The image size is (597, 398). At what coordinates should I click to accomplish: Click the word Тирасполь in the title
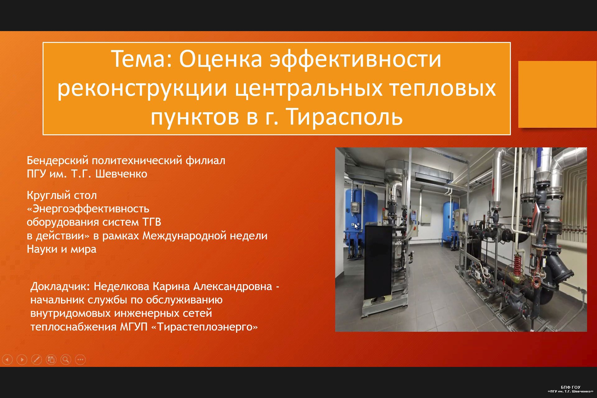[x=345, y=117]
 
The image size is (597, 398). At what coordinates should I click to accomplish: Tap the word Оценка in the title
[x=220, y=59]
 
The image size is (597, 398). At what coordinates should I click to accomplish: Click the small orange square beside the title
[x=558, y=94]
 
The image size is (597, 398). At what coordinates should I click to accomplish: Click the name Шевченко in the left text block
[x=121, y=174]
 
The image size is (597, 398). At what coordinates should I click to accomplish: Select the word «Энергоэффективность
[x=88, y=209]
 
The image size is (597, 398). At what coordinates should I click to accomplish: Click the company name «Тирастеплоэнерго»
[x=204, y=327]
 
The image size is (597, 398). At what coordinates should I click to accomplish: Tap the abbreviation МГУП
[x=134, y=327]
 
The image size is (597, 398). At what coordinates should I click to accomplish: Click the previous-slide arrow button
[x=7, y=360]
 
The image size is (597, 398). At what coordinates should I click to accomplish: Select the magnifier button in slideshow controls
[x=66, y=360]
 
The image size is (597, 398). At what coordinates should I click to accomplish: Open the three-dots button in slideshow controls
[x=80, y=360]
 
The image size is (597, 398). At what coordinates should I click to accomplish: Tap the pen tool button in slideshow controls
[x=36, y=360]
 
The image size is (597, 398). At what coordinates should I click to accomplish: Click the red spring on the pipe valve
[x=517, y=265]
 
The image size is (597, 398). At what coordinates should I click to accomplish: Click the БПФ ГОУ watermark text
[x=571, y=387]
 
